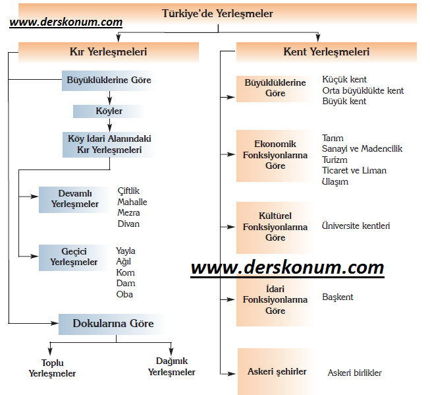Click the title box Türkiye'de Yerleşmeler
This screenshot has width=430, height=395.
click(x=217, y=14)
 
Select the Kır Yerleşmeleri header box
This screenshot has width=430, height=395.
click(x=109, y=52)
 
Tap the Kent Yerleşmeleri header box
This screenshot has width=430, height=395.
click(x=327, y=52)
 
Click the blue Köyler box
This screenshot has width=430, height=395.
click(x=109, y=111)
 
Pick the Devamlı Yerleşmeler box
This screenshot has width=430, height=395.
click(x=74, y=199)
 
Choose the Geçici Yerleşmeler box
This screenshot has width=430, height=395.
click(x=74, y=257)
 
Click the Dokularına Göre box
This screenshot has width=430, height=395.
click(x=113, y=324)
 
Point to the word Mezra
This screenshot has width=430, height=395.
click(x=128, y=213)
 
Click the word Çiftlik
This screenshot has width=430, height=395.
click(x=128, y=191)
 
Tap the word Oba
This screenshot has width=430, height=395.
click(x=124, y=295)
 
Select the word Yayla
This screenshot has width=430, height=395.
click(x=125, y=251)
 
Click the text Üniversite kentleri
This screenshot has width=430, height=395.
click(x=356, y=226)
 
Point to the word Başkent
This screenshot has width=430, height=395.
click(x=338, y=297)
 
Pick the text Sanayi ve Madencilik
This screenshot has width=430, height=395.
click(x=362, y=148)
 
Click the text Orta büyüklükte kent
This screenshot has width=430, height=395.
click(x=363, y=90)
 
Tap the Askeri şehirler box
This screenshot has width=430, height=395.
click(x=277, y=372)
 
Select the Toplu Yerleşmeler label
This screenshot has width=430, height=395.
click(x=52, y=369)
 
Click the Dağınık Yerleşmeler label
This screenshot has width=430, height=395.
click(x=172, y=367)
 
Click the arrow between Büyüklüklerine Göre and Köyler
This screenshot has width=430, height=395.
click(x=110, y=98)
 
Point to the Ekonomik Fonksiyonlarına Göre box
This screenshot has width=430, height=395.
click(x=275, y=156)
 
